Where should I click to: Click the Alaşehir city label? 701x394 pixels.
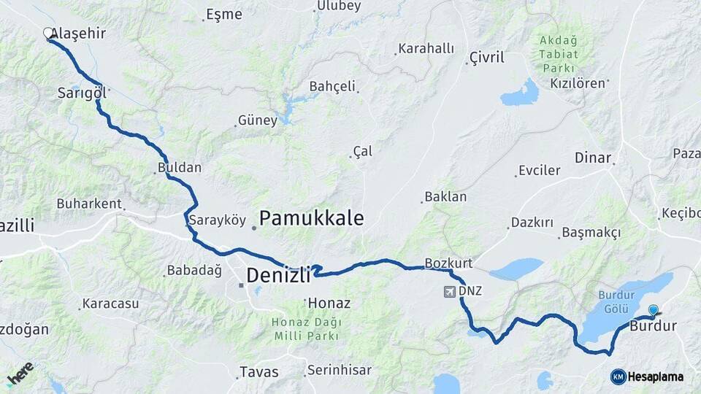coord(81,34)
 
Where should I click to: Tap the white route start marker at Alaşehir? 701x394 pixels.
coord(48,33)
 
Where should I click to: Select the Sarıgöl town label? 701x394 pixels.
coord(83,93)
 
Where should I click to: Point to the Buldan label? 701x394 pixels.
coord(179,168)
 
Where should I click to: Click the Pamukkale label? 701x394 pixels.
coord(311,217)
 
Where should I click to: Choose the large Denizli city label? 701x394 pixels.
coord(278,275)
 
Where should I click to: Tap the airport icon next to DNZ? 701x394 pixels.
coord(449,292)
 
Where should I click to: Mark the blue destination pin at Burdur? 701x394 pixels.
coord(653,311)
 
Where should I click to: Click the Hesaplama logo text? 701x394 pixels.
coord(655,376)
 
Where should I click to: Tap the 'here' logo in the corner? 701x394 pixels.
coord(20,373)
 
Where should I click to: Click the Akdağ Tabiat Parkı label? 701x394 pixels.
coord(559,54)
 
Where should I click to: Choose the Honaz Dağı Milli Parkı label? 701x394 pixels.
coord(307,329)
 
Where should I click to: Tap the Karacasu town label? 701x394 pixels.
coord(110,303)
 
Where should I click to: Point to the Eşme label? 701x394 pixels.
coord(224,15)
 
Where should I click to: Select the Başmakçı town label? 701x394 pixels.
coord(591,233)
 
